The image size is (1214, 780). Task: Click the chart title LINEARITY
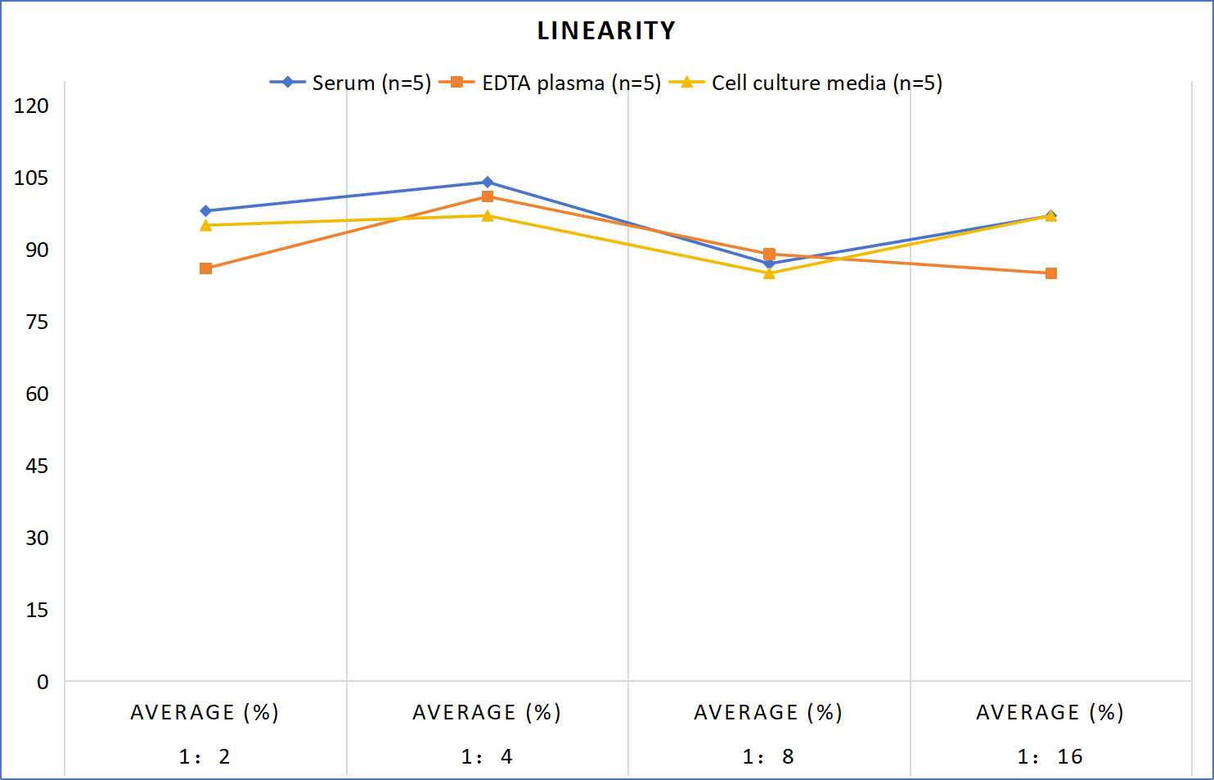(x=606, y=30)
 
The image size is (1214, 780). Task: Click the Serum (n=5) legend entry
(x=350, y=83)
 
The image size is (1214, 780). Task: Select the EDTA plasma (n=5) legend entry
(x=550, y=83)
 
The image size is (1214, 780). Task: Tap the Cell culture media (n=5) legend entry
(x=805, y=83)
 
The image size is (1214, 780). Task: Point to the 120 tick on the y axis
(x=31, y=106)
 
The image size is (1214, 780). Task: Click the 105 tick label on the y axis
(x=31, y=178)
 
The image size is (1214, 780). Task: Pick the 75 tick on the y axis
(x=36, y=322)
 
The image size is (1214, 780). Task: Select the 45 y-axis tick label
(x=36, y=466)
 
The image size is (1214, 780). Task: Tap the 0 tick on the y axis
(x=43, y=682)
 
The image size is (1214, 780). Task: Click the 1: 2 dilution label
(x=205, y=756)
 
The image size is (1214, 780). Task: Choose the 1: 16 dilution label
(x=1050, y=756)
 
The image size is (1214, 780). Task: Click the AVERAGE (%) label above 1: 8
(x=768, y=712)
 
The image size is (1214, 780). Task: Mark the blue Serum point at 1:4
(x=488, y=182)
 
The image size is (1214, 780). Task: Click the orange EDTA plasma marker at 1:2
(x=205, y=268)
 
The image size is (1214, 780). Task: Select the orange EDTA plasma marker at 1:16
(x=1051, y=273)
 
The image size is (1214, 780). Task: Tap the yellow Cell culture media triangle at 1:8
(x=769, y=273)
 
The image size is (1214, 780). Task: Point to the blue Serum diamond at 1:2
(x=205, y=210)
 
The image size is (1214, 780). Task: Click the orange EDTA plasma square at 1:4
(x=488, y=196)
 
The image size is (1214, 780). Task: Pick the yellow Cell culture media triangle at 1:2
(x=205, y=225)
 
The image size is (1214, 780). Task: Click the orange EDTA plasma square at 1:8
(x=769, y=254)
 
